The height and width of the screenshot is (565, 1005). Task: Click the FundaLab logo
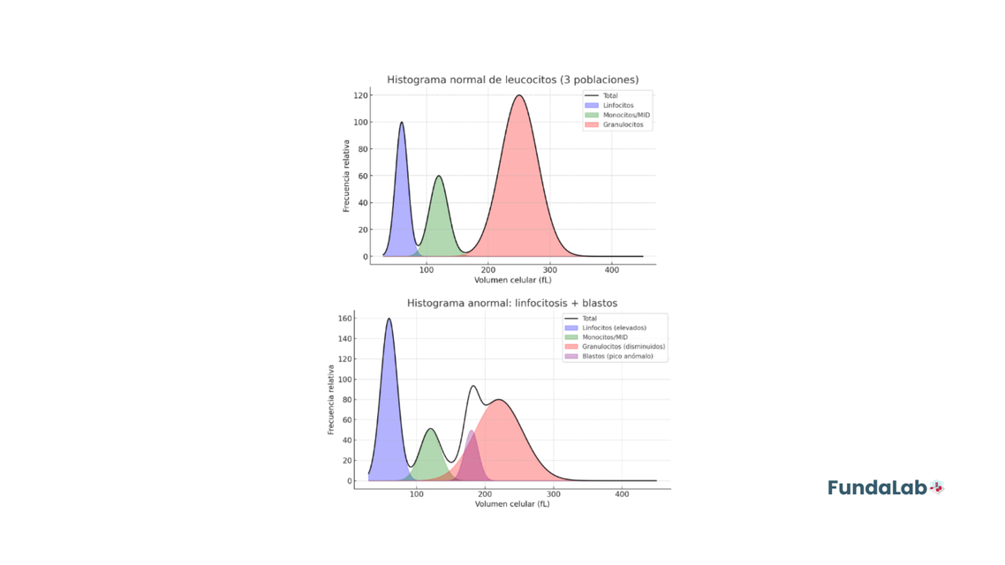885,487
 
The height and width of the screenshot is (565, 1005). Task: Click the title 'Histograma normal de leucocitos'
512,79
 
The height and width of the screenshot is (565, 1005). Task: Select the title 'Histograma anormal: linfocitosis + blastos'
512,303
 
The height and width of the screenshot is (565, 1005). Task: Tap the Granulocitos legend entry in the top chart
623,124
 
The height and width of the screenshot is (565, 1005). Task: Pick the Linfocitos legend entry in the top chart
617,105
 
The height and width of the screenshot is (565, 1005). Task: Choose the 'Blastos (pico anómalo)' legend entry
616,356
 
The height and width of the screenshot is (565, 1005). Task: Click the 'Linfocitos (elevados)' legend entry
613,328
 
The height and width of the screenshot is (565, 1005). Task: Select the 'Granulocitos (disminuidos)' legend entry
623,346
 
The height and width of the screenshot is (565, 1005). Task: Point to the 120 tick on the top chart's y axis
361,95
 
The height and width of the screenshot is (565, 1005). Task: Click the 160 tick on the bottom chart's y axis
344,319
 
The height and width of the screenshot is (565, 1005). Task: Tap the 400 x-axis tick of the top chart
612,269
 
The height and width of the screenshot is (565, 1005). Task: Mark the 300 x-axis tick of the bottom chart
554,493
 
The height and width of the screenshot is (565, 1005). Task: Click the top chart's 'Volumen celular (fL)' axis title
512,280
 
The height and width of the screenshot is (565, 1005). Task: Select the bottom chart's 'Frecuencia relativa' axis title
331,399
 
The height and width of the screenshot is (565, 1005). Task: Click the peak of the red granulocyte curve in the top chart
519,96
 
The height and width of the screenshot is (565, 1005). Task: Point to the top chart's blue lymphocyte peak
402,124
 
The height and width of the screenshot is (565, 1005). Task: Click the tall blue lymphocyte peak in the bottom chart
389,320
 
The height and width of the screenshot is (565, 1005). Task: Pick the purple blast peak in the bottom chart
472,432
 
